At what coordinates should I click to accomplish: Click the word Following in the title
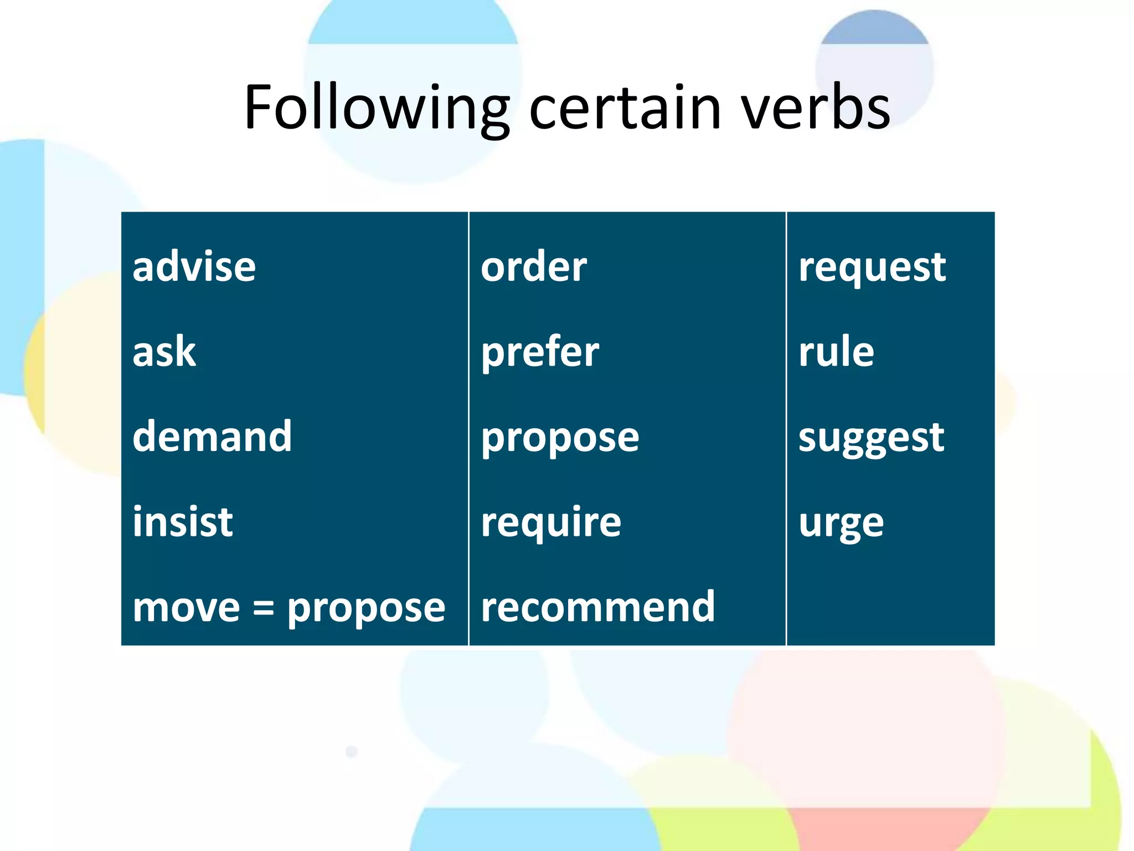(377, 108)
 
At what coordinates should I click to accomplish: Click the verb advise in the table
(194, 267)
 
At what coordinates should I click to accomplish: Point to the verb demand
(212, 437)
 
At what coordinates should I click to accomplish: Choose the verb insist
(183, 522)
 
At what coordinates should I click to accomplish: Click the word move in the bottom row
(186, 608)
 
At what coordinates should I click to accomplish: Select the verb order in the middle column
(534, 267)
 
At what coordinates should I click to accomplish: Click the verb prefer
(540, 353)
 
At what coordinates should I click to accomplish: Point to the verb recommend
(598, 607)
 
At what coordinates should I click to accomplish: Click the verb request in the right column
(872, 268)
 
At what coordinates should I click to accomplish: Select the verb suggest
(871, 438)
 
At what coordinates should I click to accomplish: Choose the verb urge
(841, 524)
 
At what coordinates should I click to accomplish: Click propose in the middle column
(560, 438)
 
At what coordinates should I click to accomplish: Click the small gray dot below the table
(352, 751)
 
